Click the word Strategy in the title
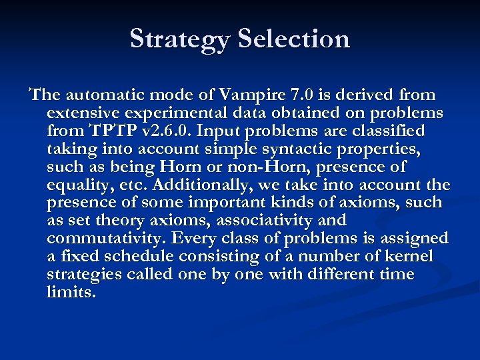point(180,39)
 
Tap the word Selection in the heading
point(294,39)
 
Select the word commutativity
point(107,239)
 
